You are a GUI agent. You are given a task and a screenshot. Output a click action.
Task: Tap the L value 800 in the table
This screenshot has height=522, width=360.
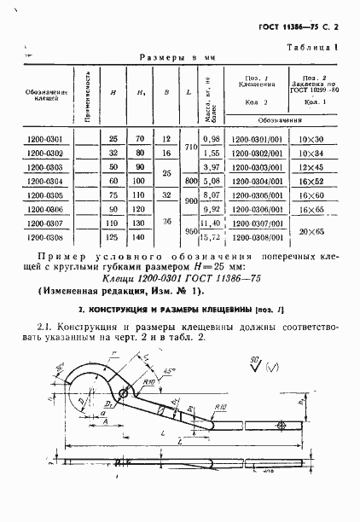coord(190,181)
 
